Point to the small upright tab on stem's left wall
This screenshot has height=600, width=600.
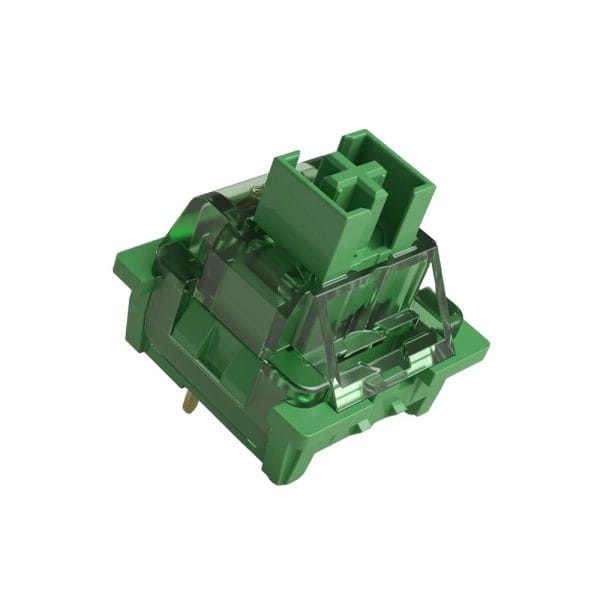[x=284, y=162]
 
